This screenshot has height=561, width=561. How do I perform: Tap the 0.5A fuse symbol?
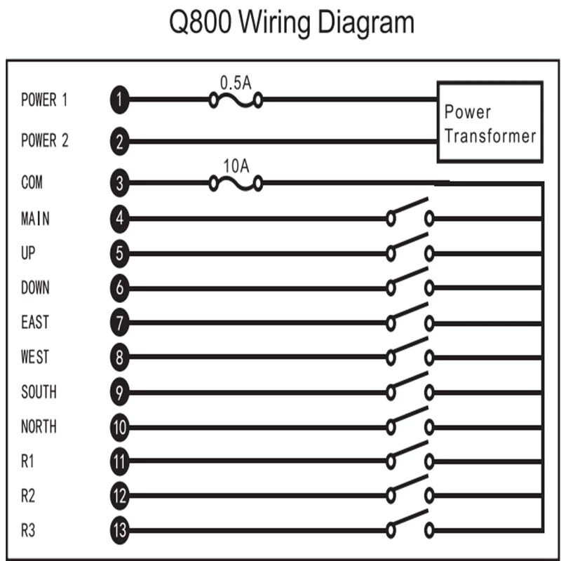236,100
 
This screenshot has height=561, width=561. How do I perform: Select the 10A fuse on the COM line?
236,184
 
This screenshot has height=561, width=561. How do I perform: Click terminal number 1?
119,100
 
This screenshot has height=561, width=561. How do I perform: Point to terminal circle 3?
119,183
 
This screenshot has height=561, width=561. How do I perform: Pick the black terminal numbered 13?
119,530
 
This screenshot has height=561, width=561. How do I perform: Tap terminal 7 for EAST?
119,323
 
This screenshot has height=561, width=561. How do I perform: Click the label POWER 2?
45,140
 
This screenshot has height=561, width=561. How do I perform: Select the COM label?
32,182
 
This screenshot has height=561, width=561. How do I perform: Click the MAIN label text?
35,218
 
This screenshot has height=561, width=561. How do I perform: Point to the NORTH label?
39,426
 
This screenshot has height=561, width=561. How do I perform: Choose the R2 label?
28,496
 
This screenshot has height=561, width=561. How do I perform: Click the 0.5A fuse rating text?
236,83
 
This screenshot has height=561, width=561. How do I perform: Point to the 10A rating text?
236,166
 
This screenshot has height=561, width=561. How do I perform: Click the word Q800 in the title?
200,23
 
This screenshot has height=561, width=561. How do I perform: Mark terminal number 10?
119,427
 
